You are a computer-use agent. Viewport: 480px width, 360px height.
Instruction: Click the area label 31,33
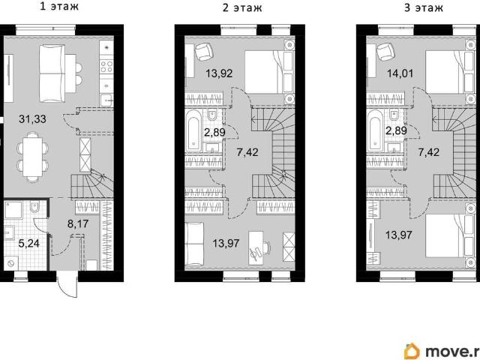point(32,119)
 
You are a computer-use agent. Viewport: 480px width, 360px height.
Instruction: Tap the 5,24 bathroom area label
point(29,244)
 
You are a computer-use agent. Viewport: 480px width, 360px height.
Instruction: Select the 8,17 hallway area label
point(78,223)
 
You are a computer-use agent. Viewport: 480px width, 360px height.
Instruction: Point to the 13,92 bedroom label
point(219,73)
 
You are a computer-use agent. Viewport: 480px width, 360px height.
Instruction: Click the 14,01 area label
point(400,73)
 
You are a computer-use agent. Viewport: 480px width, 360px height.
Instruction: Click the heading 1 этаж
point(59,7)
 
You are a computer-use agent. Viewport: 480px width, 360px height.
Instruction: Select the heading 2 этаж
point(242,7)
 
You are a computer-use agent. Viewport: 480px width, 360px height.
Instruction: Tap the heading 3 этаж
point(423,7)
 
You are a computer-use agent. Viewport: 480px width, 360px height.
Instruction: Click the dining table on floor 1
point(32,157)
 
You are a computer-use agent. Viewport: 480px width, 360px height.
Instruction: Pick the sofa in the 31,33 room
point(52,73)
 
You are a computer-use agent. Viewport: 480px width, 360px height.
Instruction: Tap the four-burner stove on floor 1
point(106,67)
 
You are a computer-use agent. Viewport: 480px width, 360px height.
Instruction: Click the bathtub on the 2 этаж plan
point(193,131)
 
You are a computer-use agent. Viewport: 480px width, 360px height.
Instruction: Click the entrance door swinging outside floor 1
point(68,283)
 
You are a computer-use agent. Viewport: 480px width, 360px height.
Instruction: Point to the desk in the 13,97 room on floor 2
point(256,247)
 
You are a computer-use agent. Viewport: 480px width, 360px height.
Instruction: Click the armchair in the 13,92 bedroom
point(203,52)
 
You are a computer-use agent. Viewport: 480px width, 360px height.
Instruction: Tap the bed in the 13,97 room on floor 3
point(451,235)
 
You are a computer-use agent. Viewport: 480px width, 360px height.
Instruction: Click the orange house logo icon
point(412,352)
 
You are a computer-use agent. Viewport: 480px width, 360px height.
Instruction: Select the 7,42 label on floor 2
point(247,152)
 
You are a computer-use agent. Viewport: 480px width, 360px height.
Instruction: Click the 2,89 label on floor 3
point(396,130)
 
